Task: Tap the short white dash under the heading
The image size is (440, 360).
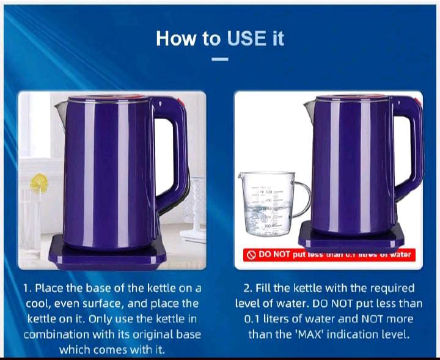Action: pyautogui.click(x=220, y=59)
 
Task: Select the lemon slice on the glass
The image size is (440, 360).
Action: pyautogui.click(x=38, y=182)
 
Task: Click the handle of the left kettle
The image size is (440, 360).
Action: pyautogui.click(x=173, y=153)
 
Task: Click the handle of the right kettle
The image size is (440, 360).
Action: pyautogui.click(x=407, y=153)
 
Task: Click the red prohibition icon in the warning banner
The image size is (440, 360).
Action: pyautogui.click(x=250, y=255)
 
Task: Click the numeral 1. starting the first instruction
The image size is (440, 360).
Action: pyautogui.click(x=27, y=288)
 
